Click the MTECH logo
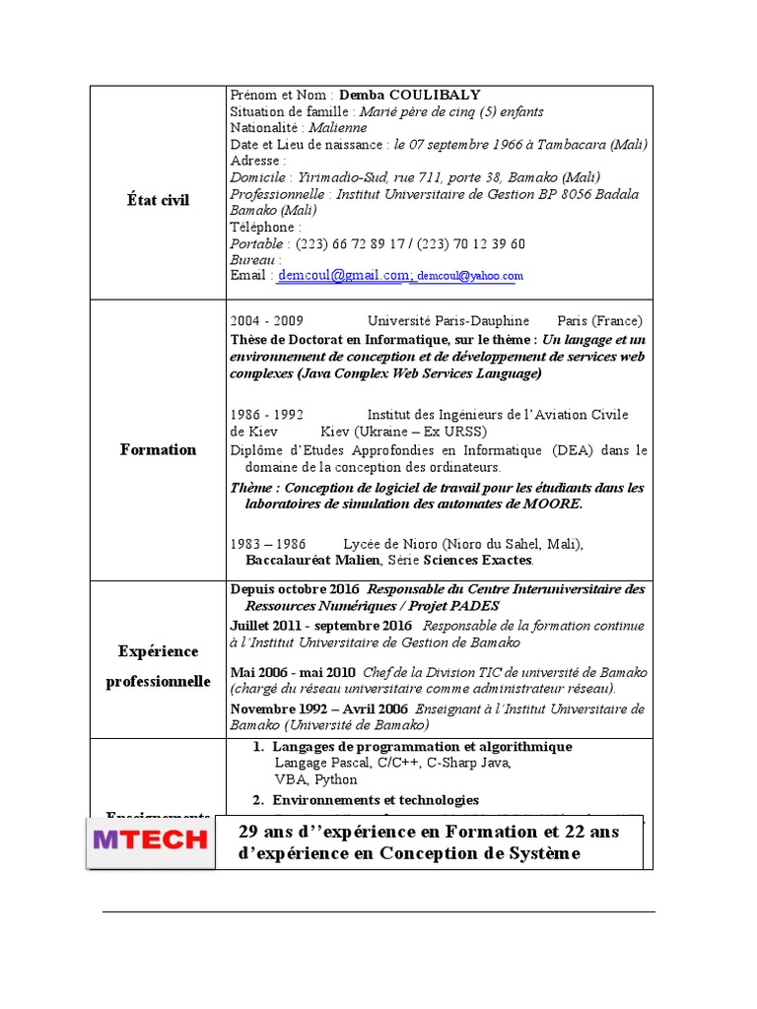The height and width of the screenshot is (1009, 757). (x=150, y=841)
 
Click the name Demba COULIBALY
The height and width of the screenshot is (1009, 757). (x=409, y=95)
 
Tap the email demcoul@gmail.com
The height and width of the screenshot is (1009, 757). (x=343, y=276)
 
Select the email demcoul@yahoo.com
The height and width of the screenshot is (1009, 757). (x=470, y=278)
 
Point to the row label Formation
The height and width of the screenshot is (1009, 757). (x=158, y=449)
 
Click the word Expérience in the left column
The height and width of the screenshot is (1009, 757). (x=158, y=651)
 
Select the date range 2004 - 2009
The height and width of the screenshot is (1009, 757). (x=267, y=321)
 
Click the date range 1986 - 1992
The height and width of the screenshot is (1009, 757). (x=267, y=415)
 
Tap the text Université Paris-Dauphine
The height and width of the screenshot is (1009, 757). (x=447, y=321)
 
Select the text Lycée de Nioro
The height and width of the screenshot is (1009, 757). (x=387, y=544)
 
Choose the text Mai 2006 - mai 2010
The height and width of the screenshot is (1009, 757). (x=281, y=672)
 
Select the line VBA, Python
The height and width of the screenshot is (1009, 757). (x=315, y=779)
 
